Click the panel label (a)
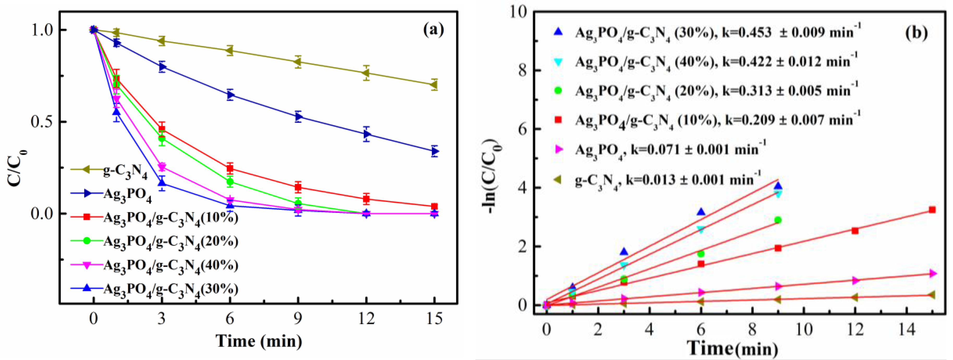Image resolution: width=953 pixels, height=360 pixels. click(x=433, y=29)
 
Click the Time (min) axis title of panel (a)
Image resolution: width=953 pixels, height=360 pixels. click(x=259, y=341)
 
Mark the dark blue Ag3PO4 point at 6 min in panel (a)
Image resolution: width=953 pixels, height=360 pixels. click(x=230, y=95)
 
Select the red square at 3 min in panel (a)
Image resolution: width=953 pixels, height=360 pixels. click(x=162, y=129)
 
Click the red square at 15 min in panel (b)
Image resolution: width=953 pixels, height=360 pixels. click(x=932, y=210)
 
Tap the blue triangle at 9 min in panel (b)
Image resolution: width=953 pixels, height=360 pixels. click(x=778, y=186)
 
